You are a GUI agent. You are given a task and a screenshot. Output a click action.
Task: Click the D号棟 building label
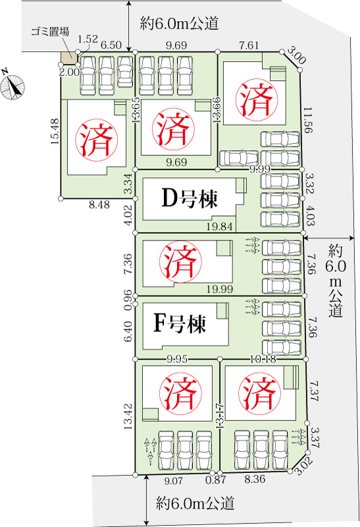click(190, 198)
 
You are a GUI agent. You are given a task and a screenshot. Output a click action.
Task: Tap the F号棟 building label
click(179, 323)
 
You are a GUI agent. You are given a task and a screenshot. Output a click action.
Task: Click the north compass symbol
click(12, 86)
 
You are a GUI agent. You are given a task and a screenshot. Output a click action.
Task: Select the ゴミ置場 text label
click(50, 31)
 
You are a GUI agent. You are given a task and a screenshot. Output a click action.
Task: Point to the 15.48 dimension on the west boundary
click(55, 131)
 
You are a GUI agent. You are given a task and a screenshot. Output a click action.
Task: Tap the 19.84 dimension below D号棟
click(219, 227)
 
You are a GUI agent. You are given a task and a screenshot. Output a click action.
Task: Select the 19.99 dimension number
click(220, 289)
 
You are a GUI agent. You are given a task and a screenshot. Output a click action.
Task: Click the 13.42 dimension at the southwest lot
click(128, 416)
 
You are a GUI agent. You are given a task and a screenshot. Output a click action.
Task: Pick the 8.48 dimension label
click(99, 205)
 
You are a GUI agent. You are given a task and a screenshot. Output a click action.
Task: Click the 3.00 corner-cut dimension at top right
click(297, 56)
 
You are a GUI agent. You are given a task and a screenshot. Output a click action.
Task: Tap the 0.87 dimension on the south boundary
click(216, 480)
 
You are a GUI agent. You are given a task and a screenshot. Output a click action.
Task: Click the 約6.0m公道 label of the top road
click(179, 23)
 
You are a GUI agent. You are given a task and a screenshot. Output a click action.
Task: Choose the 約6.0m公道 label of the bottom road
click(195, 503)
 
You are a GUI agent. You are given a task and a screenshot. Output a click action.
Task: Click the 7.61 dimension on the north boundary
click(249, 45)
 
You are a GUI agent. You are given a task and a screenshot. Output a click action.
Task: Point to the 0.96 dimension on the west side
click(128, 296)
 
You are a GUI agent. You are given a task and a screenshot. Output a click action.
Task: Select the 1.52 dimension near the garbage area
click(88, 40)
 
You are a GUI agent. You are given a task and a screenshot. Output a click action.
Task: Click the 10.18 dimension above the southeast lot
click(263, 359)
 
